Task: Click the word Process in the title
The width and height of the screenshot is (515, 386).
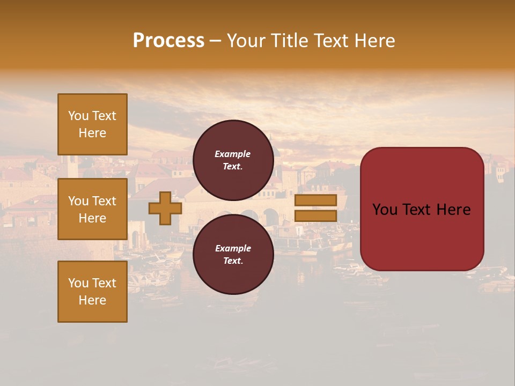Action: [168, 41]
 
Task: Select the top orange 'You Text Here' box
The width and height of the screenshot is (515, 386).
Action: [92, 124]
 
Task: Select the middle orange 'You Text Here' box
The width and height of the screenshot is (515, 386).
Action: [92, 209]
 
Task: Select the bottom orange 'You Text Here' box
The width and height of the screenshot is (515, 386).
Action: [92, 291]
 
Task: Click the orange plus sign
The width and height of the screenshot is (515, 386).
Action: [165, 208]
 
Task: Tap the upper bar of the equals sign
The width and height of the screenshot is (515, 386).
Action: [315, 200]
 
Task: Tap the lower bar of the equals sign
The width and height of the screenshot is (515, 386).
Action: [315, 216]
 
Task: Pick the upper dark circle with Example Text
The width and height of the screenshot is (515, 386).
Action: [233, 160]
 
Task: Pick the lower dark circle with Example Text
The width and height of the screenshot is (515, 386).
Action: [233, 254]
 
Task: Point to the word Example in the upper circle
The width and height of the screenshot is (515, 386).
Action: [233, 154]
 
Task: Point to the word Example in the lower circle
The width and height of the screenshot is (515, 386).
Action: [233, 248]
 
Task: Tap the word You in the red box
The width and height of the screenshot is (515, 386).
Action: [385, 210]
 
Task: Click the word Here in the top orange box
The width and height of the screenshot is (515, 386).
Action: [92, 133]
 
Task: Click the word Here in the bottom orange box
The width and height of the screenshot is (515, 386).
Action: [92, 300]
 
